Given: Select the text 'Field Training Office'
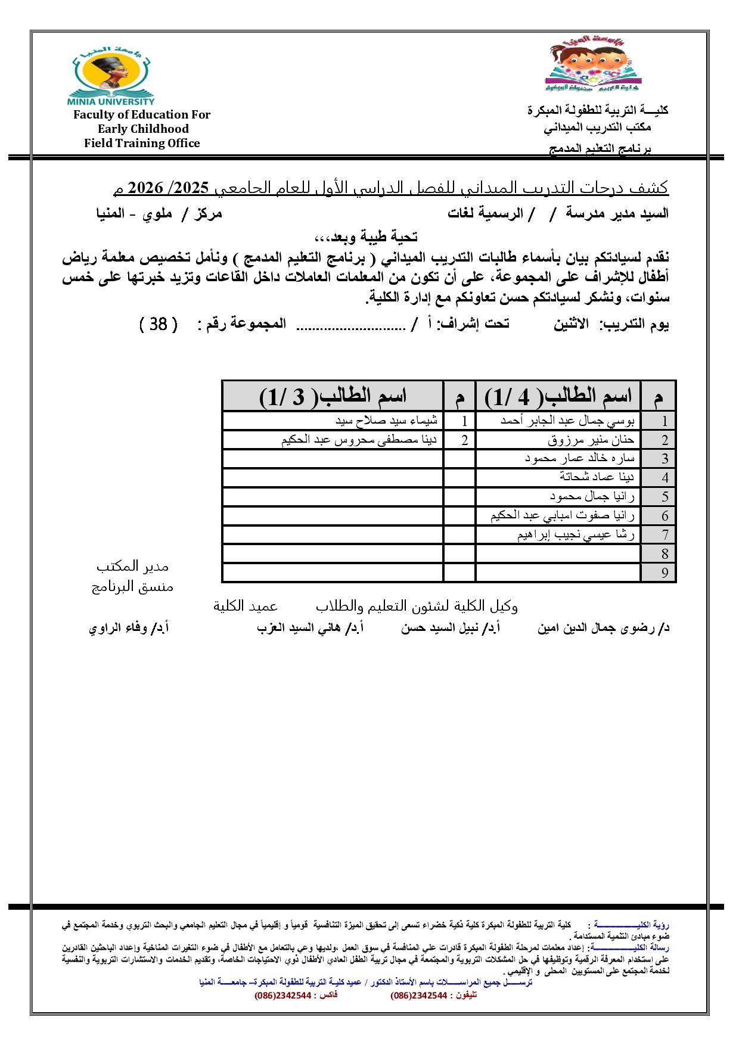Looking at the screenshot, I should [142, 143].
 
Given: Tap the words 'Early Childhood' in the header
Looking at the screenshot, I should [143, 129].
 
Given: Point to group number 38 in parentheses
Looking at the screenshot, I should [158, 324].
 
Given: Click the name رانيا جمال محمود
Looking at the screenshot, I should [592, 496].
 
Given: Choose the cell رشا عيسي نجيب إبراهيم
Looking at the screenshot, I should [576, 534].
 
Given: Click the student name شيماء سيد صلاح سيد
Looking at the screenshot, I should [386, 421].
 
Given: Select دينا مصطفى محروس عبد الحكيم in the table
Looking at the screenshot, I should [359, 440].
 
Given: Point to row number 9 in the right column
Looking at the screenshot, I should [665, 573].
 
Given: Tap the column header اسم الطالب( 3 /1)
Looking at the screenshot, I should [333, 396].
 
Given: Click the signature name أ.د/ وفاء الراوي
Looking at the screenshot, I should [129, 628].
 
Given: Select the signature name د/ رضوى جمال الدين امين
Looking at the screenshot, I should [603, 628].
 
